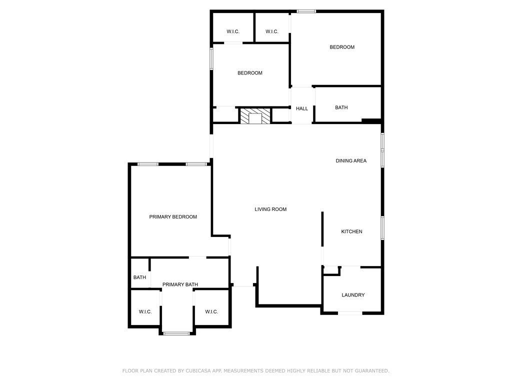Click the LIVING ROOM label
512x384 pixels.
270,209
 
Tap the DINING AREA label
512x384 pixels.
351,160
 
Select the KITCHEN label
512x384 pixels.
351,231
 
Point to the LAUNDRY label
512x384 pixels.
353,295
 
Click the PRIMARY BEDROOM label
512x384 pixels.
173,217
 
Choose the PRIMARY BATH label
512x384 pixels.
180,284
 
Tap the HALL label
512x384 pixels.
302,108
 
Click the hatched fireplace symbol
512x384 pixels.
255,116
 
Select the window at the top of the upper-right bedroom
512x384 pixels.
306,11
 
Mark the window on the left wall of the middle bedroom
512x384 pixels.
211,59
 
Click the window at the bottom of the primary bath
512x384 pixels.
176,333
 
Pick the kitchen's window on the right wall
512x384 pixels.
382,228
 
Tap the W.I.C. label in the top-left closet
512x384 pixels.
233,31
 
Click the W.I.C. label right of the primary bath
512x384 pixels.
211,312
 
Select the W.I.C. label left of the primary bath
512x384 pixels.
145,312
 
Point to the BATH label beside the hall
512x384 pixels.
341,107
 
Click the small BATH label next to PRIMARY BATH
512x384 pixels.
140,277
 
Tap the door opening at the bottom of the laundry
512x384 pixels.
350,313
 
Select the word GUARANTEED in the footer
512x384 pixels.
372,370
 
